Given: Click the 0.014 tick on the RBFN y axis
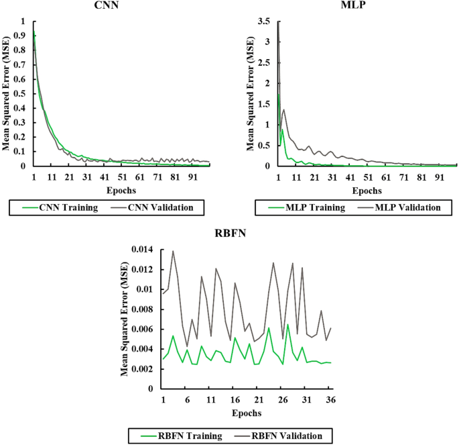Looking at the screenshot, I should click(143, 250).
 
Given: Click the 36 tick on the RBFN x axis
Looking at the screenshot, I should click(330, 399).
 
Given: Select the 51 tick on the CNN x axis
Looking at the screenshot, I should click(122, 177).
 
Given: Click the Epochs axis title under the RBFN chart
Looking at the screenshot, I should click(248, 412).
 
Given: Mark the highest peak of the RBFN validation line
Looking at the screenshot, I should click(173, 251).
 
